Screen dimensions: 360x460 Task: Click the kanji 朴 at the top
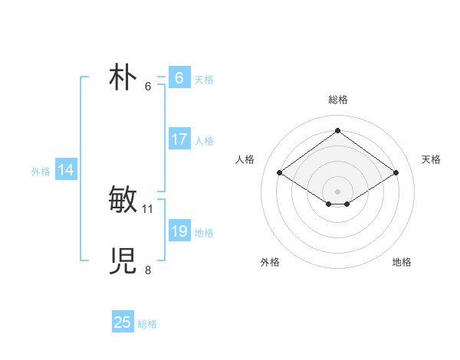[x=123, y=78]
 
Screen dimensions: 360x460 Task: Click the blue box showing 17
[x=179, y=139]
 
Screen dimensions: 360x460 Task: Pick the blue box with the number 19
[x=179, y=231]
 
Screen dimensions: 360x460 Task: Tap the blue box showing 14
[x=66, y=170]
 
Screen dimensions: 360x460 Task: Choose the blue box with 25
[x=123, y=322]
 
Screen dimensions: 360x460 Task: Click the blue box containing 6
[x=179, y=78]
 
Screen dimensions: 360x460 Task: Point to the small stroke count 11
[x=148, y=208]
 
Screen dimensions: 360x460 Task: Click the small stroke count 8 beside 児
[x=148, y=270]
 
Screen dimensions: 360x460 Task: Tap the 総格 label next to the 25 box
[x=147, y=324]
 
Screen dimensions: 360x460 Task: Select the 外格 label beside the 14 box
[x=41, y=172]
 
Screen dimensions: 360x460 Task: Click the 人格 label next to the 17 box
[x=204, y=141]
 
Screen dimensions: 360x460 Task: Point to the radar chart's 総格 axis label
[x=337, y=100]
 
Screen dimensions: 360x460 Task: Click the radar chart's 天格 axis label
[x=431, y=159]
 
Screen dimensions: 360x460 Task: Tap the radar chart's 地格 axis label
[x=402, y=262]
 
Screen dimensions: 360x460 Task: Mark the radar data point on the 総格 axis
[x=337, y=130]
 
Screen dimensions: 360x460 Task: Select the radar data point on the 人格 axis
[x=280, y=173]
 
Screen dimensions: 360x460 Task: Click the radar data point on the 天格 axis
[x=396, y=173]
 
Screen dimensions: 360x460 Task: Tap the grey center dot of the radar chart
[x=337, y=191]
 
